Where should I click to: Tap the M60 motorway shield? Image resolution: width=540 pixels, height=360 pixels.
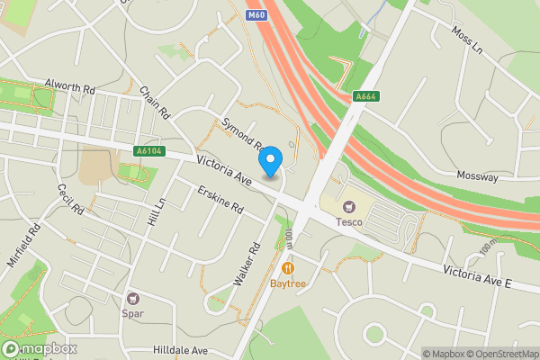click(x=256, y=15)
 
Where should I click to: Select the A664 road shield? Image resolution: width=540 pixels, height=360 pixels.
click(x=365, y=97)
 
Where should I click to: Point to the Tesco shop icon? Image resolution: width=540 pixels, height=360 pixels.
click(x=348, y=206)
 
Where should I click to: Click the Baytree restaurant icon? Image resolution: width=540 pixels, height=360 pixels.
click(x=288, y=267)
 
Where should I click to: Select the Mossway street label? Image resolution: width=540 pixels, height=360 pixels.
click(x=477, y=177)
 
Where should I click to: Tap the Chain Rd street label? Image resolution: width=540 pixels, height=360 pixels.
click(x=155, y=103)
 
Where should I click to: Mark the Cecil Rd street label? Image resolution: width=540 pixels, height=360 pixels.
click(x=70, y=200)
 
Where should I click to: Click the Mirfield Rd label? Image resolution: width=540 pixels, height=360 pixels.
click(x=27, y=244)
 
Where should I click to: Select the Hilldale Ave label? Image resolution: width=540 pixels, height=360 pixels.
click(x=180, y=350)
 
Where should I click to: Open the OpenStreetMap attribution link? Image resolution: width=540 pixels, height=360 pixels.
click(x=500, y=354)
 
